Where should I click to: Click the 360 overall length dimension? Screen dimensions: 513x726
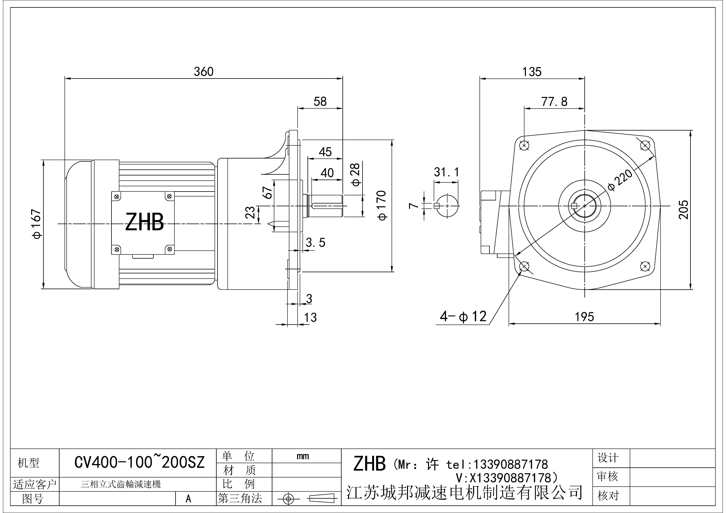[204, 72]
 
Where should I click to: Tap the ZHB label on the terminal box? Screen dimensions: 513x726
[145, 222]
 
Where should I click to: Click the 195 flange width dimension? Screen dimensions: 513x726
[584, 317]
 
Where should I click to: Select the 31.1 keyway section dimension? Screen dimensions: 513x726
[446, 172]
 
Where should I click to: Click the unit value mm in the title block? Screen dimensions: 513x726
[303, 456]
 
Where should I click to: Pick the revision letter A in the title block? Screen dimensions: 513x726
[188, 499]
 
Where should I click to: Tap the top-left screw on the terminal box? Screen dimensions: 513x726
[117, 197]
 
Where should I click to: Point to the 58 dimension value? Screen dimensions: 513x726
[320, 101]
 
